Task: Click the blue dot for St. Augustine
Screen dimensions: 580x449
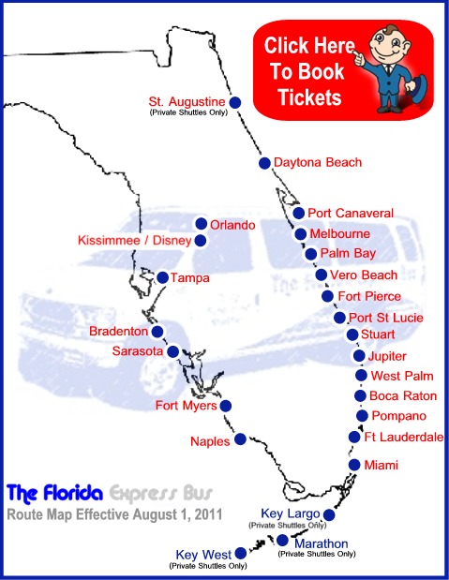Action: point(235,102)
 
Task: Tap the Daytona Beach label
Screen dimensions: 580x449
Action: point(317,163)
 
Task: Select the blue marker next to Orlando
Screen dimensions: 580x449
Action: point(201,224)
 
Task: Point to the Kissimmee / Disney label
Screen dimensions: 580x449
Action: point(134,241)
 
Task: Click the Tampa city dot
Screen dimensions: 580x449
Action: point(163,277)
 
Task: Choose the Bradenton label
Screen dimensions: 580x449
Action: point(118,332)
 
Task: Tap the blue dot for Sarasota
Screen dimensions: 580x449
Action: point(172,351)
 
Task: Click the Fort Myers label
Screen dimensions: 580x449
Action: point(187,406)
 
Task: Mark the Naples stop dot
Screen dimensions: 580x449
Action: point(241,437)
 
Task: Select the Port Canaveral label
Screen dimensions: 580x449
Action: point(351,214)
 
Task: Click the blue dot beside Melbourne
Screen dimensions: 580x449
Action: point(301,233)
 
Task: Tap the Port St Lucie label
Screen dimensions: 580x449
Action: point(385,319)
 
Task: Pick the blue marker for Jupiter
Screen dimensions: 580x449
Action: point(359,356)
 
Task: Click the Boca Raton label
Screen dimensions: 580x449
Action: point(403,396)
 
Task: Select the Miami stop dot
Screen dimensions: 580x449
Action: point(354,465)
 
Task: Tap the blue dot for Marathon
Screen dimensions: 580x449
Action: point(283,541)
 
